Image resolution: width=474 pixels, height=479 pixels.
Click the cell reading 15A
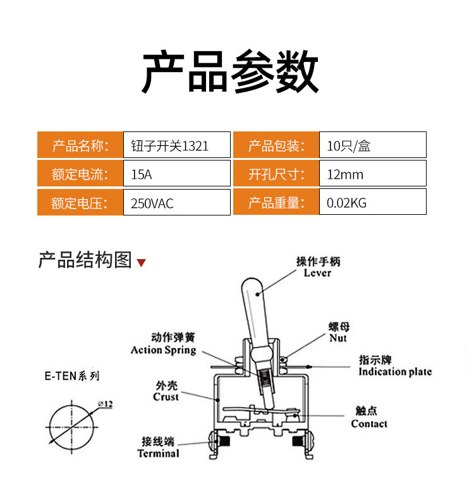pos(176,173)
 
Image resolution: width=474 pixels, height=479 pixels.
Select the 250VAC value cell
pos(176,202)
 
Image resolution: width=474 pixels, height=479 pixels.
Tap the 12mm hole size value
pos(372,173)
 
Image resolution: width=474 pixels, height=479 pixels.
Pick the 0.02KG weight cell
pos(372,202)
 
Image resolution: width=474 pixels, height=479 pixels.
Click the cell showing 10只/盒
pos(372,145)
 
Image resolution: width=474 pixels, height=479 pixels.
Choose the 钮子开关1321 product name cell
pos(176,145)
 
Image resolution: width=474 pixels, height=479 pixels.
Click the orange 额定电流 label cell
pos(80,173)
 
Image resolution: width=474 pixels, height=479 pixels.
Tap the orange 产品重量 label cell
pos(276,202)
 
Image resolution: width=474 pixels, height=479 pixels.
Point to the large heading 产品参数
pos(231,71)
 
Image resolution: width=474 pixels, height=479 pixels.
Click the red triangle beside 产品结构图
pos(141,263)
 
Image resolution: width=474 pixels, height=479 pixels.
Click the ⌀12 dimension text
pos(106,404)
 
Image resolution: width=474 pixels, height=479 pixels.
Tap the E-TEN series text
pos(72,376)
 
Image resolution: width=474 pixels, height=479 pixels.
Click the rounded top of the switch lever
pos(252,282)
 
